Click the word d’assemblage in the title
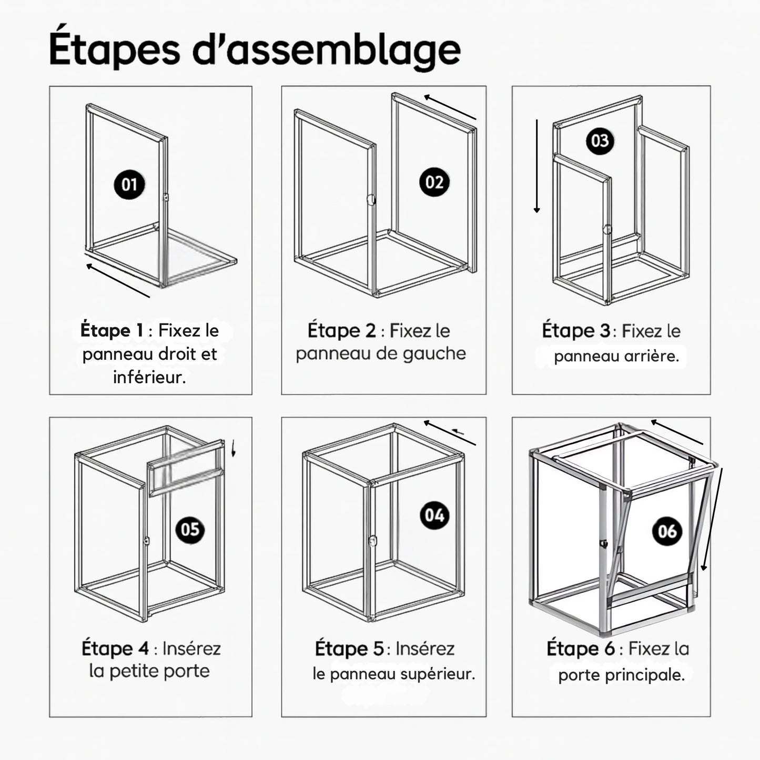tap(327, 49)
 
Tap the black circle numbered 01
tap(129, 185)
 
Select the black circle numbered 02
tap(434, 182)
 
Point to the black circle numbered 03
tap(600, 141)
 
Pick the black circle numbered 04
tap(434, 515)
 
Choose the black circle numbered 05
tap(190, 529)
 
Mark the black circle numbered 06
tap(667, 531)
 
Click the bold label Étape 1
tap(112, 330)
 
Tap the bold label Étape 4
tap(115, 648)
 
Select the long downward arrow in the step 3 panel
tap(537, 166)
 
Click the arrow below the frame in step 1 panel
tap(118, 280)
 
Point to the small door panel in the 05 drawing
tap(186, 468)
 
